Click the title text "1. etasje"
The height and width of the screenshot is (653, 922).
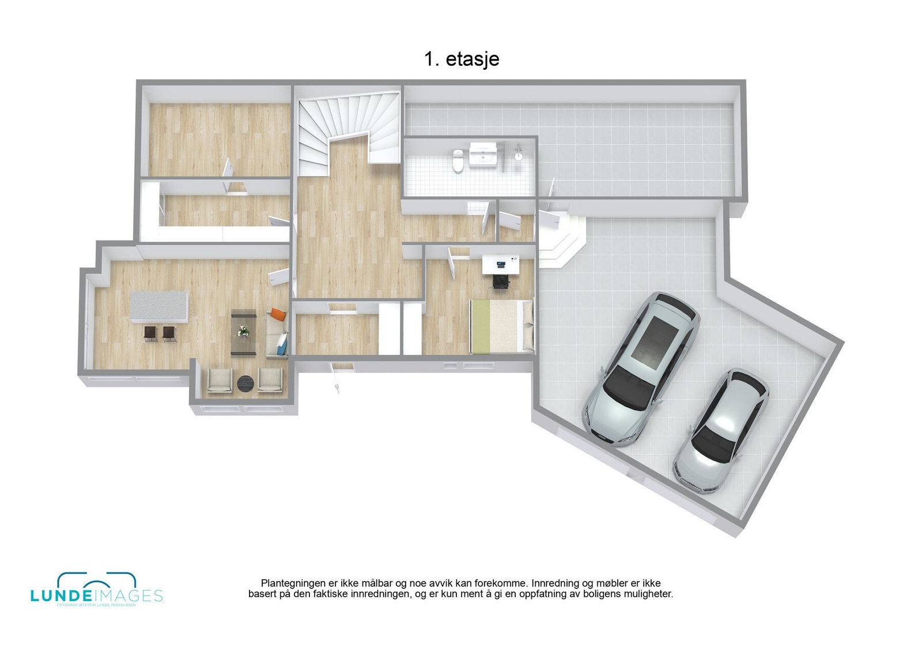462,59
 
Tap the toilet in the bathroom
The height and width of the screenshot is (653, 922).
458,160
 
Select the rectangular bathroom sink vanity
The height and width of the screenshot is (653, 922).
483,154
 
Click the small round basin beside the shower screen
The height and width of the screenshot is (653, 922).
519,155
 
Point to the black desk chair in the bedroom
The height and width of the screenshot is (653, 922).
501,282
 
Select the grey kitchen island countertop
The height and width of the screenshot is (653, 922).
160,307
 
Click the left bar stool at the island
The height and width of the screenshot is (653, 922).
150,333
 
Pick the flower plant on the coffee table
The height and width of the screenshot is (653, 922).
243,331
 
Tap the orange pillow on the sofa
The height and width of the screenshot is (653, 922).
278,315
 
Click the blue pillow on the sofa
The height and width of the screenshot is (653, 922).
282,346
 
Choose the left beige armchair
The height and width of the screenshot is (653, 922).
220,381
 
